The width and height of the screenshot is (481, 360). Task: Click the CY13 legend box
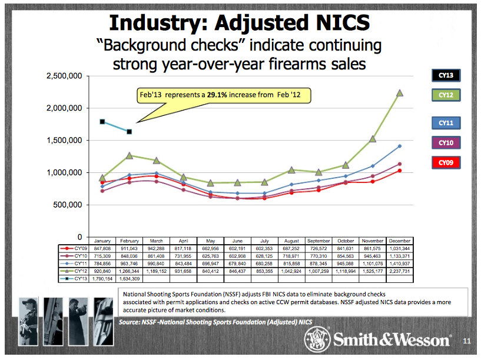point(446,75)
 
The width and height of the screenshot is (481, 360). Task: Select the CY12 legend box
point(446,95)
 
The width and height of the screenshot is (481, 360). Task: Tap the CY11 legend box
point(446,123)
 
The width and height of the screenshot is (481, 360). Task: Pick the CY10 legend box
point(446,142)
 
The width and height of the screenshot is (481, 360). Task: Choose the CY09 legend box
point(446,162)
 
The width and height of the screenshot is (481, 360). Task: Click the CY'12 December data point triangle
point(400,93)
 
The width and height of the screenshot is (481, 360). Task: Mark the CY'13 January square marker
point(102,122)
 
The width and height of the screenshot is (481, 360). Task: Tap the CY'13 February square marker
point(130,132)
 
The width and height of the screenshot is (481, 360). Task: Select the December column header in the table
point(400,241)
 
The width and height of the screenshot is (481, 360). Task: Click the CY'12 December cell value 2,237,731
point(400,271)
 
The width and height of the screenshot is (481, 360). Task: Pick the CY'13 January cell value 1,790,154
point(103,279)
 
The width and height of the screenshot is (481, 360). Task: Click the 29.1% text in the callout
point(219,95)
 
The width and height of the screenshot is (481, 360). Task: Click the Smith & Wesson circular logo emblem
point(314,339)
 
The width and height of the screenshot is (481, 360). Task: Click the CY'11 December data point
point(400,146)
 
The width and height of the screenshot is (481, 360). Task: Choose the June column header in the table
point(238,241)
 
